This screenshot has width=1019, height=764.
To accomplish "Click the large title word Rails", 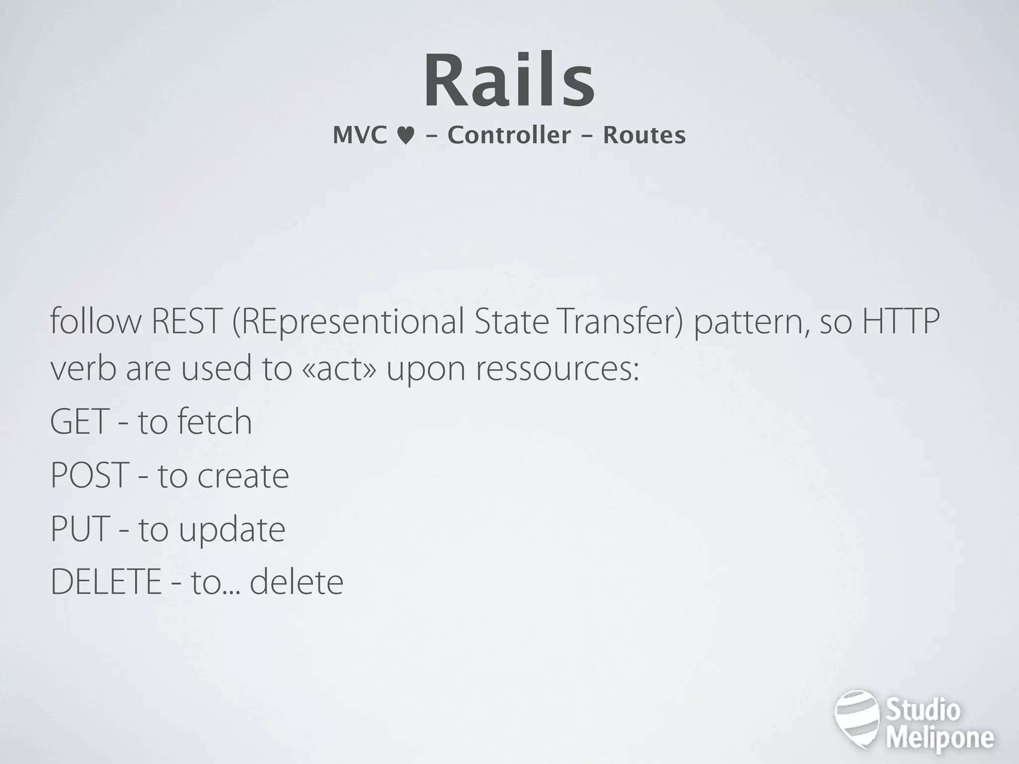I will [509, 81].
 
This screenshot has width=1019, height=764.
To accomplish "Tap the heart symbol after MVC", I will [406, 136].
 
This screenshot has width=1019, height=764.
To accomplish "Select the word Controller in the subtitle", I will [509, 135].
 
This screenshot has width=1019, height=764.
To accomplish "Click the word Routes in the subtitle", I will [644, 135].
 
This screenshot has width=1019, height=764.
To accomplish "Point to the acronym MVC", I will [360, 135].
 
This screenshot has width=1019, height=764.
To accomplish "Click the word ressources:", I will [557, 370].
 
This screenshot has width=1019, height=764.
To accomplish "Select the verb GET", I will [80, 422].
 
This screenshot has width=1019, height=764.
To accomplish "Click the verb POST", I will [90, 476].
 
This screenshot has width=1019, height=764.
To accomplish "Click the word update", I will [232, 530].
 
